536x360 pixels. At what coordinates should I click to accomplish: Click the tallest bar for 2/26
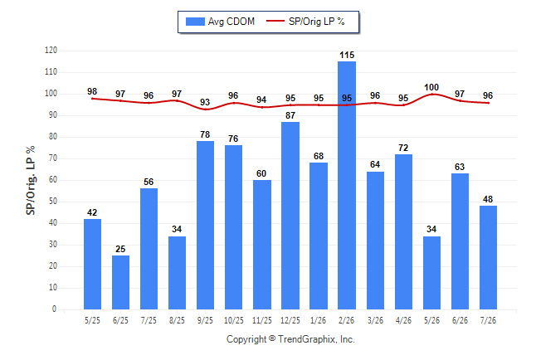[347, 185]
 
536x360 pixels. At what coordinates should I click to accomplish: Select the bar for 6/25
[120, 282]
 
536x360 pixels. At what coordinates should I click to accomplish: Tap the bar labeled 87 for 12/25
[290, 216]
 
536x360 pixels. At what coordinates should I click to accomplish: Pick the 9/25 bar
[205, 226]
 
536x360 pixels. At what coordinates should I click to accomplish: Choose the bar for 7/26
[488, 257]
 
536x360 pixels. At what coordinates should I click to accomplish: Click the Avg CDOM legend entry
[220, 22]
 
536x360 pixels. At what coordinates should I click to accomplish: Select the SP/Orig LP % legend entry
[305, 22]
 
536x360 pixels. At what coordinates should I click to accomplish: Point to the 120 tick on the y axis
[51, 51]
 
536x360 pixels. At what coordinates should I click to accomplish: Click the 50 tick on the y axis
[53, 202]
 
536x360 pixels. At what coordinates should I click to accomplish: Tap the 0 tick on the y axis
[55, 309]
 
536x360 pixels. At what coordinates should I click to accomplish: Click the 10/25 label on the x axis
[234, 320]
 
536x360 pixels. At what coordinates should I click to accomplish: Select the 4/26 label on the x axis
[404, 320]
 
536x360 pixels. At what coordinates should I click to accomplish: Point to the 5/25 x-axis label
[92, 320]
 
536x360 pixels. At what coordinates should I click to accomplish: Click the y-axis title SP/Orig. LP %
[31, 180]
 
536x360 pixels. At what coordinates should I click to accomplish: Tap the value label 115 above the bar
[347, 55]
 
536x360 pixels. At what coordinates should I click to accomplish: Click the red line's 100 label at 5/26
[431, 88]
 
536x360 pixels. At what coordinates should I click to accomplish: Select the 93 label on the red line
[205, 102]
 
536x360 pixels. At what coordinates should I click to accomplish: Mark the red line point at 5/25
[92, 99]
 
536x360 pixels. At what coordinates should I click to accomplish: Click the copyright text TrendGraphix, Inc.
[316, 339]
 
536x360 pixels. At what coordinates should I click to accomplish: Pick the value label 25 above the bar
[120, 249]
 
